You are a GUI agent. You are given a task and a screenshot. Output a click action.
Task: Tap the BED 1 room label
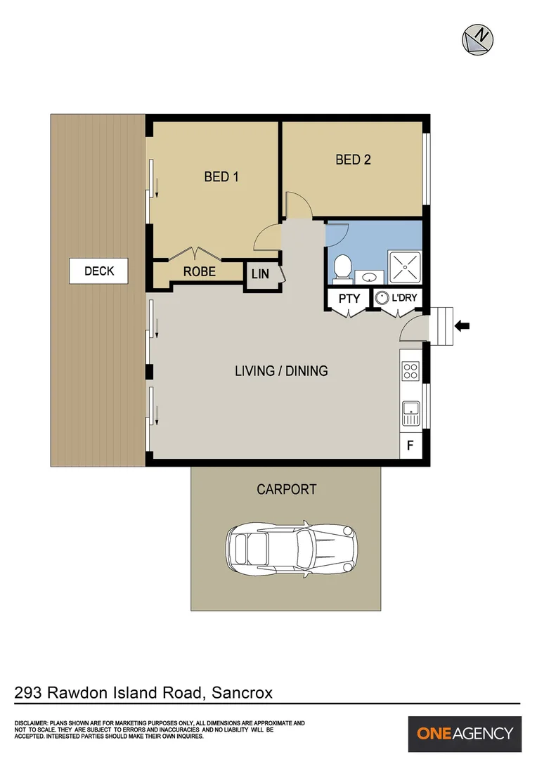[221, 176]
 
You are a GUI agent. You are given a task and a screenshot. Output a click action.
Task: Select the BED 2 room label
[353, 160]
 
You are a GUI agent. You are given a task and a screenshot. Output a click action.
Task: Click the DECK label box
[99, 271]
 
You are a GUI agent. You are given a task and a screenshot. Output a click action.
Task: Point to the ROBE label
[200, 271]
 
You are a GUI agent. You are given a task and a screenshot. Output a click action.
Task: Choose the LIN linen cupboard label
[260, 274]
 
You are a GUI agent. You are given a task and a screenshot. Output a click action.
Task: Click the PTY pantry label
[349, 298]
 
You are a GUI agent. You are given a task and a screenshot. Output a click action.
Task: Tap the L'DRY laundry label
[404, 298]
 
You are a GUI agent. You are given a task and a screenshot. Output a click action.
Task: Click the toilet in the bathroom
[342, 266]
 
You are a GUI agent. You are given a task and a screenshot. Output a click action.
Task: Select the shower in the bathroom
[406, 266]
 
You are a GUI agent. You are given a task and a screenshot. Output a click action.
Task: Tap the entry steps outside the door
[442, 326]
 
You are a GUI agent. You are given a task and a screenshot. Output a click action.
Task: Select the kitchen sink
[410, 412]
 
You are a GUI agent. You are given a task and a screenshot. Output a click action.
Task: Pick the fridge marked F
[410, 445]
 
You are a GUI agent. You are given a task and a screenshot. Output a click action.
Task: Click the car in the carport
[291, 547]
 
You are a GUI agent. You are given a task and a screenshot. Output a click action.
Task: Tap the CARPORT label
[286, 489]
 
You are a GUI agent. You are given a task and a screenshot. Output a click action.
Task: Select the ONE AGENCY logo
[465, 734]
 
